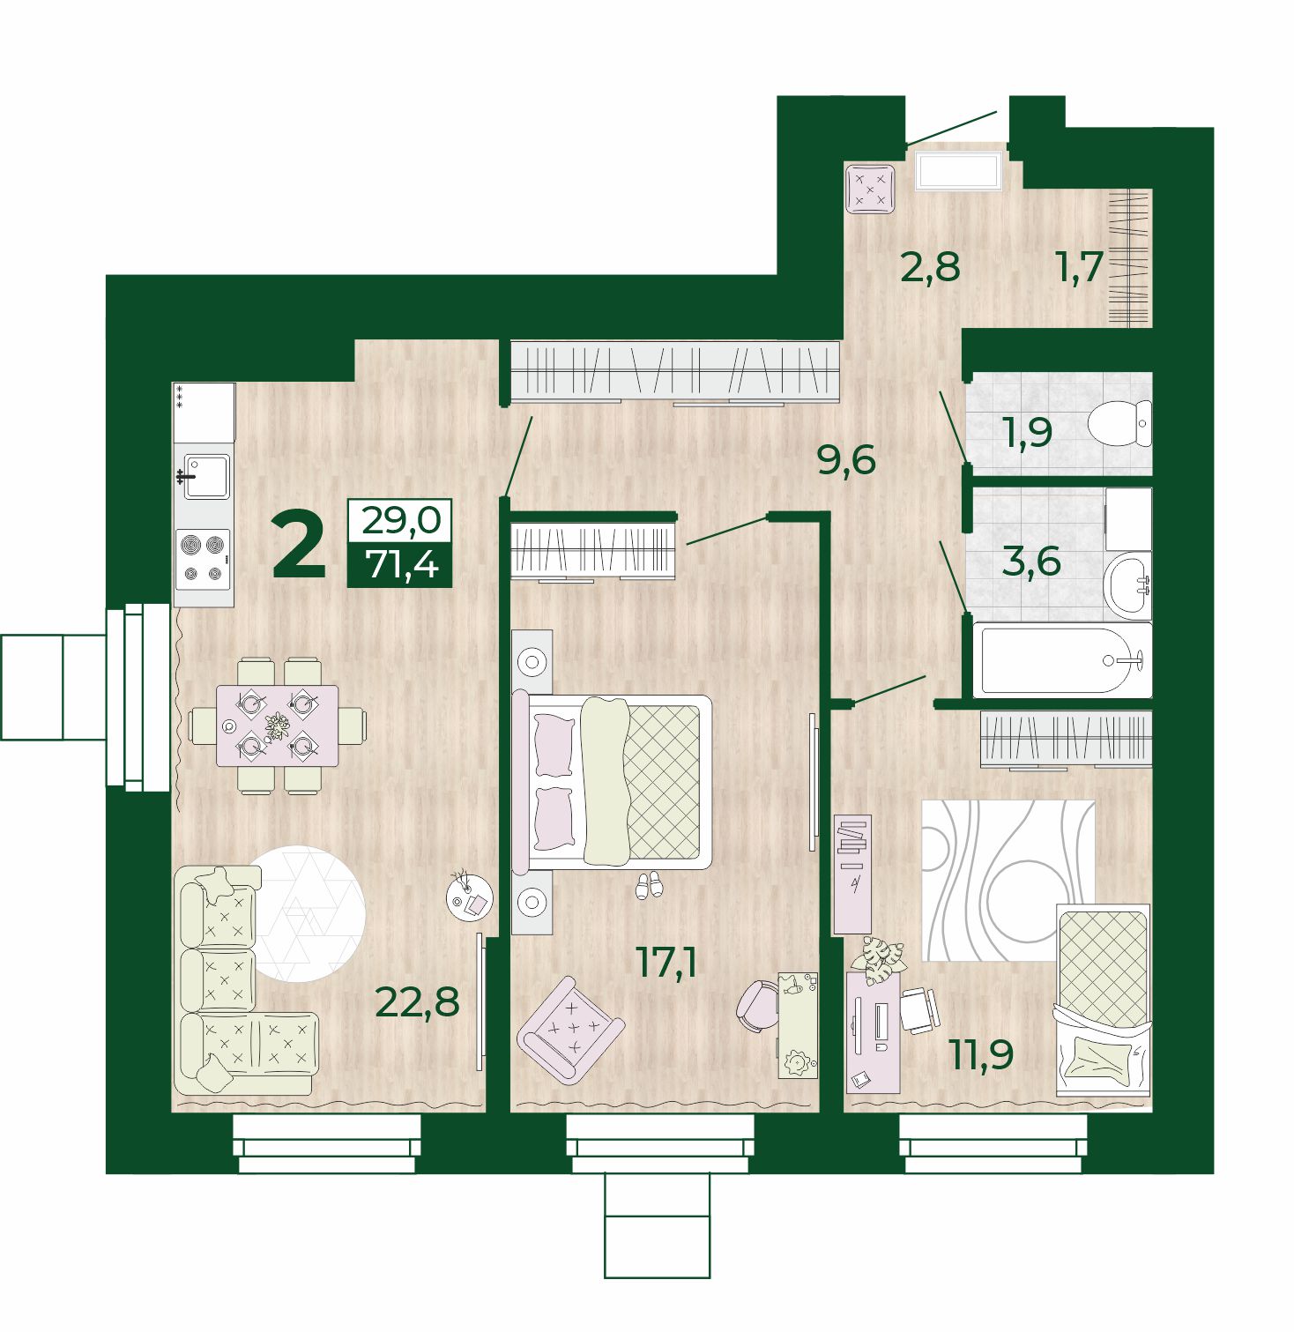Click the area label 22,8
[417, 1001]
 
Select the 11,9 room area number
[981, 1053]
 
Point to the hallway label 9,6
[846, 459]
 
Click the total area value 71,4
[401, 564]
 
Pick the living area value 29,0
[401, 520]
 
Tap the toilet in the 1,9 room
[1119, 423]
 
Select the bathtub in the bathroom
[1062, 659]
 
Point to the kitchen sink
[206, 477]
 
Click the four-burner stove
[204, 560]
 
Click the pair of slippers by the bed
[649, 885]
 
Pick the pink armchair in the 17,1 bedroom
[570, 1028]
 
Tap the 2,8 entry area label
[930, 265]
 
